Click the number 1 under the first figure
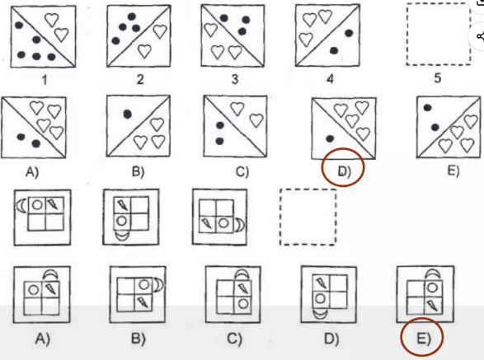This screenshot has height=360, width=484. pyautogui.click(x=45, y=80)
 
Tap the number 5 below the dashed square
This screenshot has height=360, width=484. pyautogui.click(x=437, y=78)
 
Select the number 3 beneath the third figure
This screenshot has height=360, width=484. pyautogui.click(x=235, y=79)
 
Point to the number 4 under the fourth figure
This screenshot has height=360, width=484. pyautogui.click(x=330, y=79)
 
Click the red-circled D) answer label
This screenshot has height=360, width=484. pyautogui.click(x=344, y=171)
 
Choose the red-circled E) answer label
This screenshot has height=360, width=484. pyautogui.click(x=424, y=339)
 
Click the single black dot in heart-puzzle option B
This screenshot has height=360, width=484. pyautogui.click(x=128, y=115)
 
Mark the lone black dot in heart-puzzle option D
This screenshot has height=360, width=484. pyautogui.click(x=330, y=139)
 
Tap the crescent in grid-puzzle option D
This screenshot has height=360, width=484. pyautogui.click(x=320, y=314)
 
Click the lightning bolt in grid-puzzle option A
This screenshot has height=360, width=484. pyautogui.click(x=51, y=288)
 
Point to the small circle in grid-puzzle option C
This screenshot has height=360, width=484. pyautogui.click(x=243, y=303)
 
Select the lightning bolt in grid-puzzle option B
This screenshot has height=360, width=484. pyautogui.click(x=143, y=302)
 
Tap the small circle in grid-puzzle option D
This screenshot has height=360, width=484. pyautogui.click(x=320, y=298)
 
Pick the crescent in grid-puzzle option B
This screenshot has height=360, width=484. pyautogui.click(x=159, y=285)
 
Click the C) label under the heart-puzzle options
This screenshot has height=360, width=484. pyautogui.click(x=242, y=171)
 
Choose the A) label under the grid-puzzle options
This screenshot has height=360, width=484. pyautogui.click(x=42, y=339)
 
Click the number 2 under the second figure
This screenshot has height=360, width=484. pyautogui.click(x=140, y=79)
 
